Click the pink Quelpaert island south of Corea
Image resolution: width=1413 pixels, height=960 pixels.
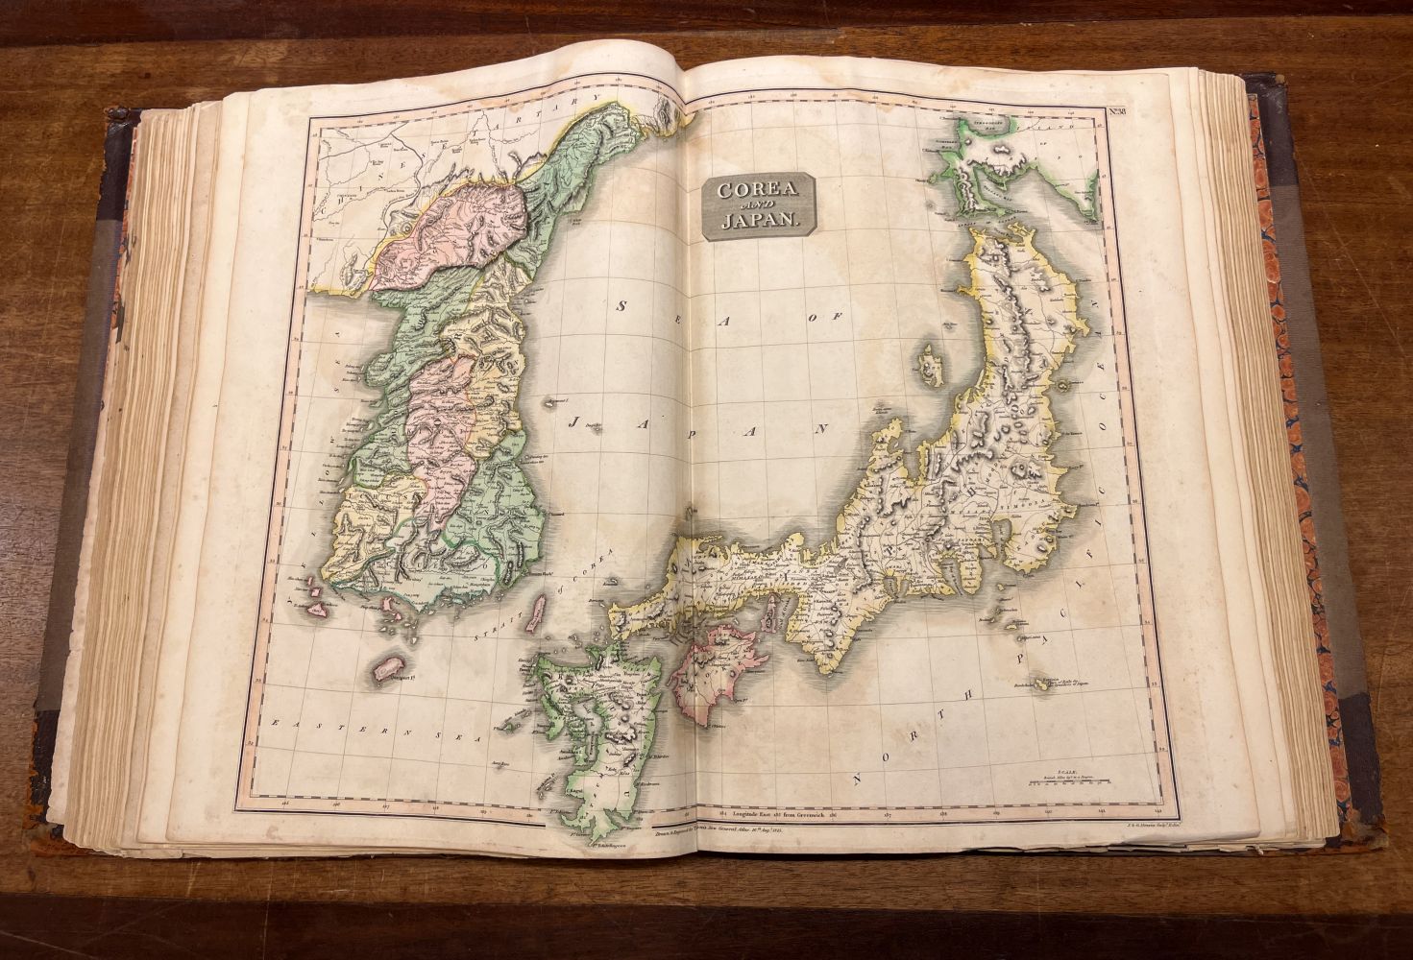coord(389,668)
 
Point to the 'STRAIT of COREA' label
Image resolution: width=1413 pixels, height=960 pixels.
coord(519,606)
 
